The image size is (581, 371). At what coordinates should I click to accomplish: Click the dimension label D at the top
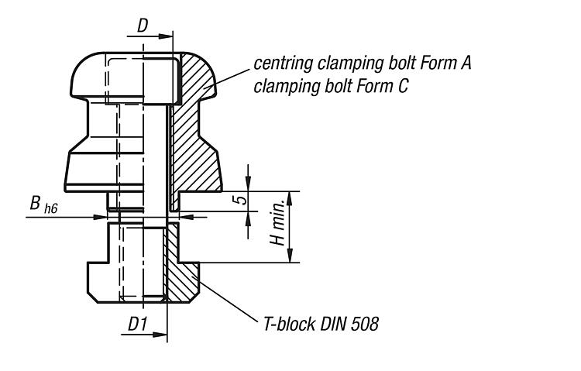pyautogui.click(x=143, y=26)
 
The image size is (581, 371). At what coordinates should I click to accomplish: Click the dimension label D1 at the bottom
pyautogui.click(x=137, y=325)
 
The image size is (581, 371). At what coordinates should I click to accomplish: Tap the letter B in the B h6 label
pyautogui.click(x=36, y=204)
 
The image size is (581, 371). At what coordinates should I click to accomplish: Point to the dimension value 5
pyautogui.click(x=241, y=200)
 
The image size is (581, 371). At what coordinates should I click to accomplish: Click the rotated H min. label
pyautogui.click(x=275, y=227)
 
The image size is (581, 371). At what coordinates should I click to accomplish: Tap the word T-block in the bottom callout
pyautogui.click(x=287, y=324)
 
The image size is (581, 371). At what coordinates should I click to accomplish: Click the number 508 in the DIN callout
pyautogui.click(x=363, y=324)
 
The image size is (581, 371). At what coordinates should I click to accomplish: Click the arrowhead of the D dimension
pyautogui.click(x=167, y=36)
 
